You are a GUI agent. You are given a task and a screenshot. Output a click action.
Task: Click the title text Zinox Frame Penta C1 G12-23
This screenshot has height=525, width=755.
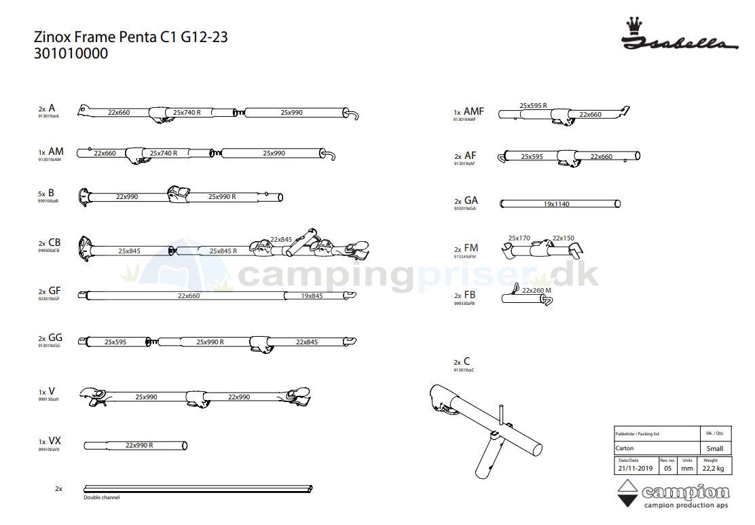130,37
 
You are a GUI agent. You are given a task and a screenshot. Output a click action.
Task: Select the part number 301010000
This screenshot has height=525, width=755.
71,54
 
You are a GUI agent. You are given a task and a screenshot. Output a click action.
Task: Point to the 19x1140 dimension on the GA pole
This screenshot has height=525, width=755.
556,204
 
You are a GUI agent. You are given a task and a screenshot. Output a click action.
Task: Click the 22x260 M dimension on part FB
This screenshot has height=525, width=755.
536,291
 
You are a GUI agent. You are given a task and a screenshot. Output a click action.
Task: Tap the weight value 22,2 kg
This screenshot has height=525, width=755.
714,468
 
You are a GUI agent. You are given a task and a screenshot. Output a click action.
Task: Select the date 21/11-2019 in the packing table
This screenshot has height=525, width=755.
635,468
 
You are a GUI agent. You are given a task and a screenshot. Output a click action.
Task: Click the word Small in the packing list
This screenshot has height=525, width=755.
714,448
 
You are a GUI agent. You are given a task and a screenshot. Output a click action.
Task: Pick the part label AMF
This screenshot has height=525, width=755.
474,111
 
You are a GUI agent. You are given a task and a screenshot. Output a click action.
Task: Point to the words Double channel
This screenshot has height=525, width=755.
101,498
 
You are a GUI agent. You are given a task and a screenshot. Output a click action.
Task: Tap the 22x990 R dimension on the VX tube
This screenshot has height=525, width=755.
139,446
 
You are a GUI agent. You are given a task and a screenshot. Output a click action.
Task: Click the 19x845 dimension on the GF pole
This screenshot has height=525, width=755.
312,295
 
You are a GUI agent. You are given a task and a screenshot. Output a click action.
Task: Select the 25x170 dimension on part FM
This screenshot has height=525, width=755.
519,238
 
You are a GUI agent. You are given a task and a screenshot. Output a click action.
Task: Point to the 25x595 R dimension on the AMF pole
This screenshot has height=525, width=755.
533,106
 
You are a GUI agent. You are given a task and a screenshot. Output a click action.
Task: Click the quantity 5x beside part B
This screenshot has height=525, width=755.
41,194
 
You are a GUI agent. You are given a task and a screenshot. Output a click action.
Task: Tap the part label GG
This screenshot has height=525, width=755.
55,338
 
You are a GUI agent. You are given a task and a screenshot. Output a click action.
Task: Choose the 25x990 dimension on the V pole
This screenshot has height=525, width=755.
146,397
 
